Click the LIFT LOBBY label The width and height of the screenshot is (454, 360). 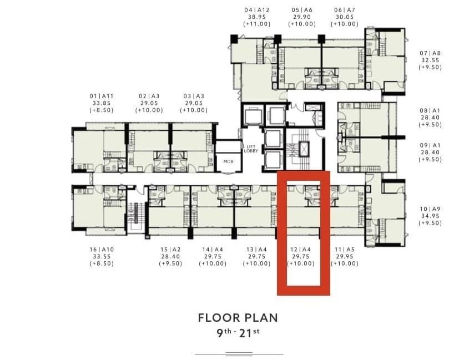click(x=251, y=149)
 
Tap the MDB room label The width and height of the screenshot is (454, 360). click(x=228, y=161)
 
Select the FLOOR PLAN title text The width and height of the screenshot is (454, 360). click(x=238, y=318)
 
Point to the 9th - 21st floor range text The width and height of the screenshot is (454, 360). click(x=238, y=333)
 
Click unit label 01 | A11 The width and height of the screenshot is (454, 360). click(x=102, y=96)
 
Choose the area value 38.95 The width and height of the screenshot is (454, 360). click(x=257, y=17)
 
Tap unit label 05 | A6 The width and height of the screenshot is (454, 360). click(x=302, y=10)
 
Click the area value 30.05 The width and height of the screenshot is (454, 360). click(x=345, y=17)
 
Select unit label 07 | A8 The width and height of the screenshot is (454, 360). click(x=430, y=53)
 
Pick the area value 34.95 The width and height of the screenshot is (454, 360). click(x=430, y=216)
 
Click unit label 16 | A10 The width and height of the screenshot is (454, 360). click(x=102, y=250)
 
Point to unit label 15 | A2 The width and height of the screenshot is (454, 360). click(x=170, y=250)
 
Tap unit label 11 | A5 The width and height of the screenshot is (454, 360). click(x=345, y=250)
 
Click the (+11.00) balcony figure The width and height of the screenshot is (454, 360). click(x=257, y=24)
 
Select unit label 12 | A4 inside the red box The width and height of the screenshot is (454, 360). click(x=301, y=250)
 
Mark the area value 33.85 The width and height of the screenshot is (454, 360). click(x=102, y=103)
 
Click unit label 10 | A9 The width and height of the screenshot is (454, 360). click(x=430, y=209)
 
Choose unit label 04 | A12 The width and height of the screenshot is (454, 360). click(x=257, y=10)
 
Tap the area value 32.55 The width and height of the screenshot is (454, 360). click(x=430, y=60)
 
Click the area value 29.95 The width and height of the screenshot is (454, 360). click(x=345, y=256)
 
